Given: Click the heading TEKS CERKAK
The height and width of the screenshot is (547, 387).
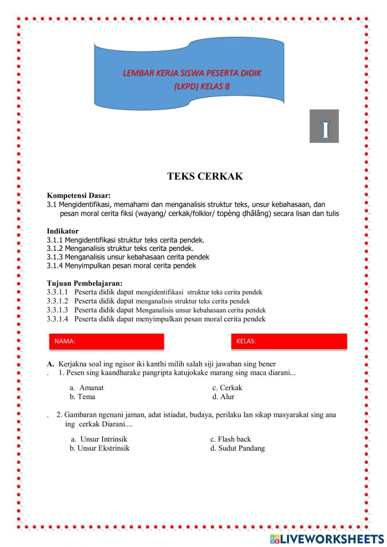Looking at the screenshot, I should click(205, 177).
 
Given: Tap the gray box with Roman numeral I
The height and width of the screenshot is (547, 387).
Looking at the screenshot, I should click(324, 126).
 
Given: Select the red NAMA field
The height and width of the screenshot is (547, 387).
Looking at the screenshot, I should click(106, 341).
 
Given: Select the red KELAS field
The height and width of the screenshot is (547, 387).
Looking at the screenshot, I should click(289, 341).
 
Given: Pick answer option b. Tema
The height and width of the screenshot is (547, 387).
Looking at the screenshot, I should click(82, 396).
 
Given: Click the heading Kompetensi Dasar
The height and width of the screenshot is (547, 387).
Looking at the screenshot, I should click(79, 195).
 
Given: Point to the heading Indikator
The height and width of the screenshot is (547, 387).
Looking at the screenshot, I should click(63, 231).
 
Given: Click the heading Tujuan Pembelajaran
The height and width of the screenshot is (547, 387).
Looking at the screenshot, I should click(84, 283).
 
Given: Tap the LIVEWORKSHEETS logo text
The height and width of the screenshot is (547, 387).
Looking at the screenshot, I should click(332, 538).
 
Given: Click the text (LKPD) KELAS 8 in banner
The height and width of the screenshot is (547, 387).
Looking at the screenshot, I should click(202, 86).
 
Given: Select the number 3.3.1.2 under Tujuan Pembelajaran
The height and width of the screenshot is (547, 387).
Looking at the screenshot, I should click(57, 301).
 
